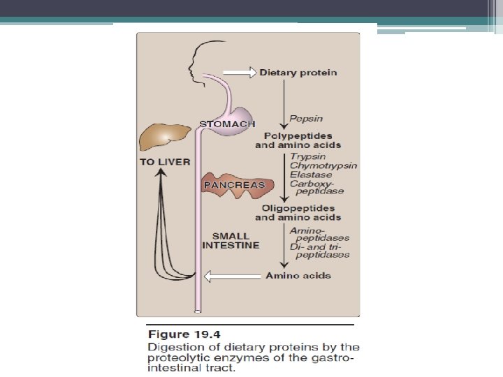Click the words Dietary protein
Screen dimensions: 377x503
pyautogui.click(x=298, y=73)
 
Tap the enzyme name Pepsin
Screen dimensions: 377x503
pyautogui.click(x=306, y=119)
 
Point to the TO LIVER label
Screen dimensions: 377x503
pyautogui.click(x=164, y=162)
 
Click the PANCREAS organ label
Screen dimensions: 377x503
pyautogui.click(x=233, y=185)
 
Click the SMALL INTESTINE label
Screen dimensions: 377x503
pyautogui.click(x=231, y=241)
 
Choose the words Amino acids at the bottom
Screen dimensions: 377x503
pyautogui.click(x=298, y=276)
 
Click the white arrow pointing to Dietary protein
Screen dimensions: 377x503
pyautogui.click(x=240, y=72)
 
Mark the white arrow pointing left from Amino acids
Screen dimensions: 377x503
pyautogui.click(x=234, y=276)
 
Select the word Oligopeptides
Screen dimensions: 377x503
pyautogui.click(x=298, y=208)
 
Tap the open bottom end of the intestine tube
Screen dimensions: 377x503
pyautogui.click(x=198, y=310)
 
